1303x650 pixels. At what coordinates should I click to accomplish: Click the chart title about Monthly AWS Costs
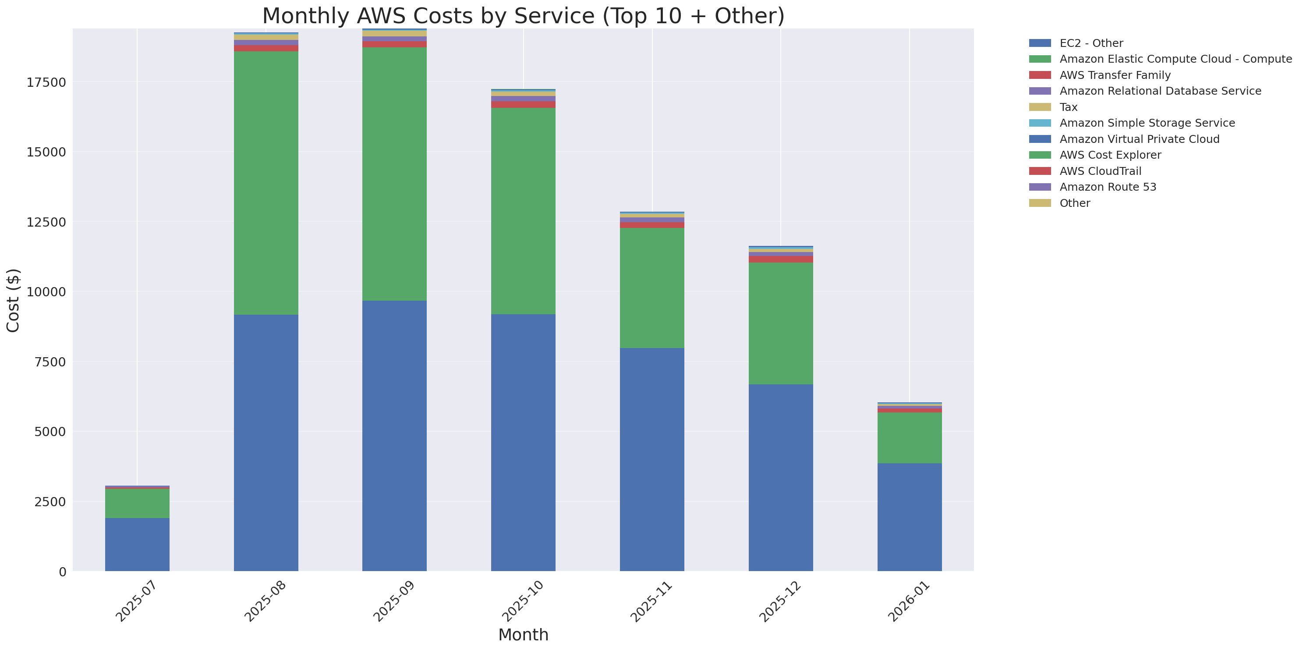523,16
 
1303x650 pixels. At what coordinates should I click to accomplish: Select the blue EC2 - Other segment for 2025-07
137,544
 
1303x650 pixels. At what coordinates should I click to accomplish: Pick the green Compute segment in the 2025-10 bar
523,211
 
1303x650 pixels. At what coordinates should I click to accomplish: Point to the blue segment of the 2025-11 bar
652,459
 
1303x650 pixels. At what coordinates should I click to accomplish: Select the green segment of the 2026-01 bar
910,437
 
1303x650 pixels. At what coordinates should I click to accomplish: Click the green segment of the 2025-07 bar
137,503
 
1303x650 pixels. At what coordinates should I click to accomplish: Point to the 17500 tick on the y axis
46,82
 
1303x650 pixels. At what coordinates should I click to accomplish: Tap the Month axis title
523,635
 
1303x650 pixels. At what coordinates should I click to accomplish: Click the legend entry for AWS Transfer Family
1115,75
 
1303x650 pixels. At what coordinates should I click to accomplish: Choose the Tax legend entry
1068,107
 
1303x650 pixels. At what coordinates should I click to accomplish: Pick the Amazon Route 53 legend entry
1108,187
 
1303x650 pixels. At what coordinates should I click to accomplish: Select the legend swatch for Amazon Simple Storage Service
1040,123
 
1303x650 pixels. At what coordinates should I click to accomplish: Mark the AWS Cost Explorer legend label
1110,155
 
